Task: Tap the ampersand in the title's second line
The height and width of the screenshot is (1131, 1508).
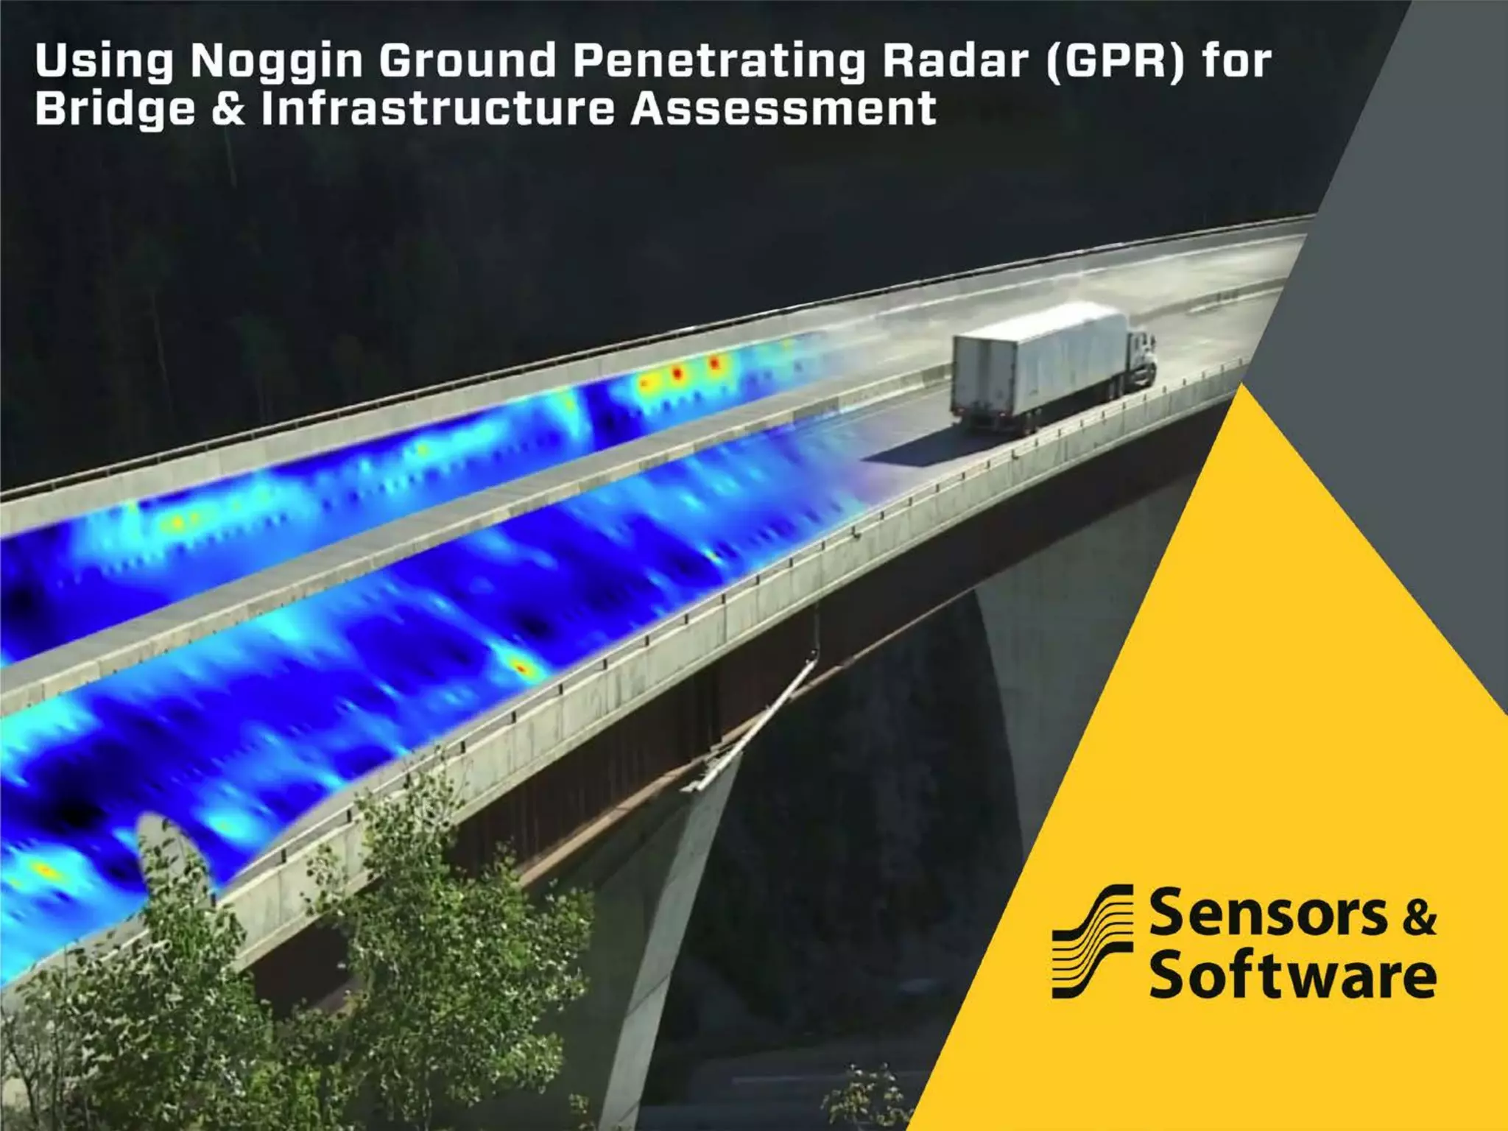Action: pyautogui.click(x=228, y=108)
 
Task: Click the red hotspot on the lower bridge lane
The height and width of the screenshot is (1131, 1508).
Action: pyautogui.click(x=521, y=669)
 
